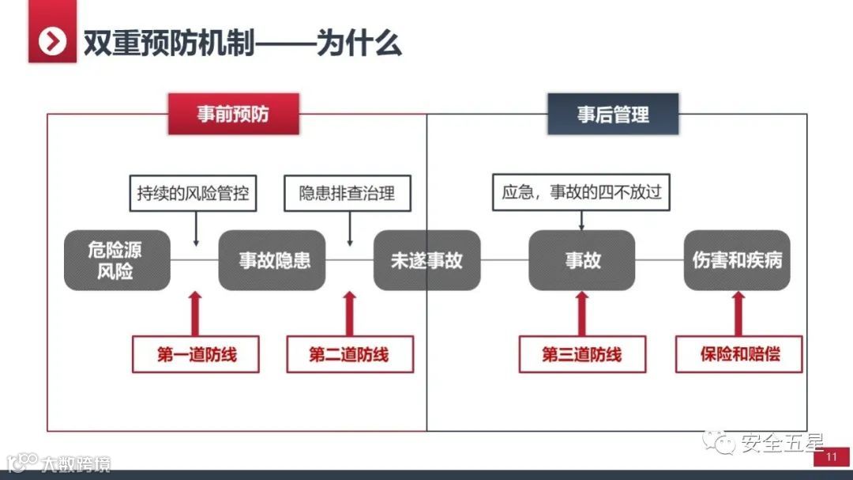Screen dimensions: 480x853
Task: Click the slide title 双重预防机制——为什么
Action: point(243,42)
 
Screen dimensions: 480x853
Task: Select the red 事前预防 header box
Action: point(233,114)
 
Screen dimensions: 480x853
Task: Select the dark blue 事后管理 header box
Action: point(613,114)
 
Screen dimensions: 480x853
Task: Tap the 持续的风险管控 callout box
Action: point(193,192)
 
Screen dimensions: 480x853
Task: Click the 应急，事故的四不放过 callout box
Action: point(581,192)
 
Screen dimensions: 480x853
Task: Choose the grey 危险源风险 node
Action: point(116,260)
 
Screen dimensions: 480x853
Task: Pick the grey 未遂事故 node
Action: point(426,260)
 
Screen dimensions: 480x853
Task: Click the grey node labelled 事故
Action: point(582,260)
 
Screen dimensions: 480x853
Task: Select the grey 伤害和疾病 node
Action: point(737,260)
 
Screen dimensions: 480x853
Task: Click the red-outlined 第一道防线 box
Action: point(197,354)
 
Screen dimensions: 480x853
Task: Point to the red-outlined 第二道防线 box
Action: point(349,354)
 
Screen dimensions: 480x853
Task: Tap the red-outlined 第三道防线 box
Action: point(582,354)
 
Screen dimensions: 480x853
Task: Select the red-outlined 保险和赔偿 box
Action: point(739,354)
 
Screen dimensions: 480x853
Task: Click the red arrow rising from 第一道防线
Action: point(197,313)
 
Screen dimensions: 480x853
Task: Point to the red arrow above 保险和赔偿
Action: point(739,313)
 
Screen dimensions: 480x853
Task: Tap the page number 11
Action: point(831,458)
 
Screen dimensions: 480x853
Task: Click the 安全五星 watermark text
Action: point(781,444)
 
